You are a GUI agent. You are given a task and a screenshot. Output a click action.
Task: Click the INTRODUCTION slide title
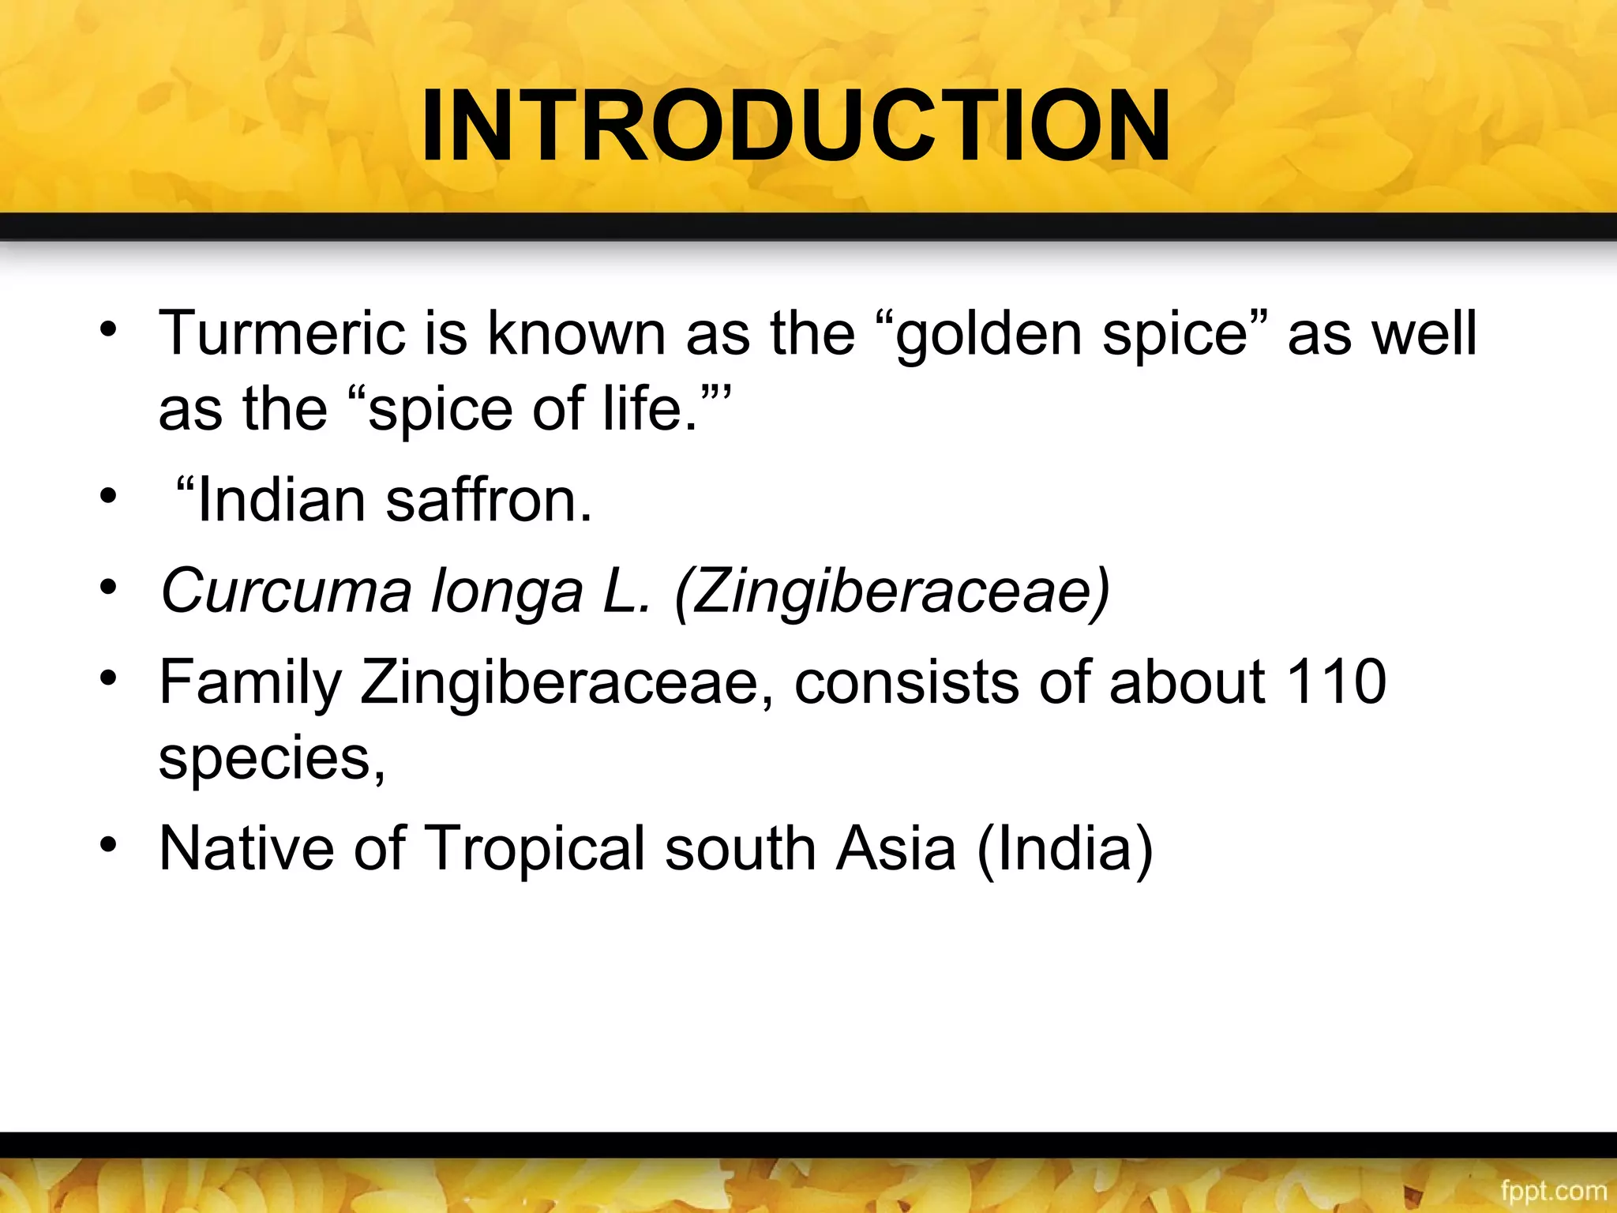[x=796, y=126]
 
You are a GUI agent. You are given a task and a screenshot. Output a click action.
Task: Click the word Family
[x=250, y=682]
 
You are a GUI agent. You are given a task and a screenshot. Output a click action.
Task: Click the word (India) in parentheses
[x=1065, y=848]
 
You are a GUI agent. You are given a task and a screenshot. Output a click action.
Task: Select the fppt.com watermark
[x=1553, y=1190]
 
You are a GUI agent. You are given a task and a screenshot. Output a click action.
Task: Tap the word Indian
[x=280, y=501]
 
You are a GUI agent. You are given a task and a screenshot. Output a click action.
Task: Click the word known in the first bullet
[x=576, y=333]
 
